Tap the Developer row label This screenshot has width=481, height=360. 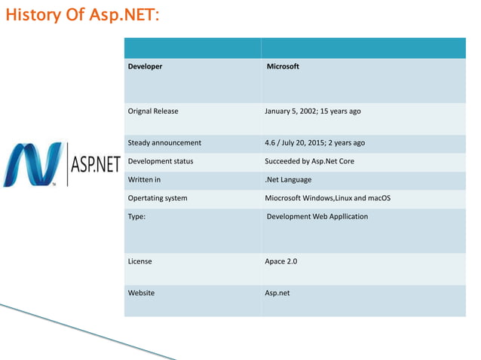[x=145, y=66]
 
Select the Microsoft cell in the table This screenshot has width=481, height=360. [x=283, y=66]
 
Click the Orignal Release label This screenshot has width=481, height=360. [x=154, y=111]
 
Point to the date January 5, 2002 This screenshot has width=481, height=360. [x=296, y=111]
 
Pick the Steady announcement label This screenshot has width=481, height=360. [x=164, y=142]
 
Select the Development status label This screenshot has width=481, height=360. [x=161, y=161]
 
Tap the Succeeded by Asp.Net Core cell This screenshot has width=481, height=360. [x=309, y=161]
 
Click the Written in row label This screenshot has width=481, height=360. [x=144, y=179]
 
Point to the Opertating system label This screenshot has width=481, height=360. [x=158, y=198]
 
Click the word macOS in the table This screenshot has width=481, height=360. [x=377, y=198]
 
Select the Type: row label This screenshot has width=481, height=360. [x=137, y=216]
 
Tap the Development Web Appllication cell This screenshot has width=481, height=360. [x=317, y=216]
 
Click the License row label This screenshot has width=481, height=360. [x=139, y=261]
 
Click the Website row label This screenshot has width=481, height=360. [x=141, y=293]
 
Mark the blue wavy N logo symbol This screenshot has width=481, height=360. [x=33, y=163]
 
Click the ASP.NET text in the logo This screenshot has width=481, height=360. [x=95, y=164]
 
